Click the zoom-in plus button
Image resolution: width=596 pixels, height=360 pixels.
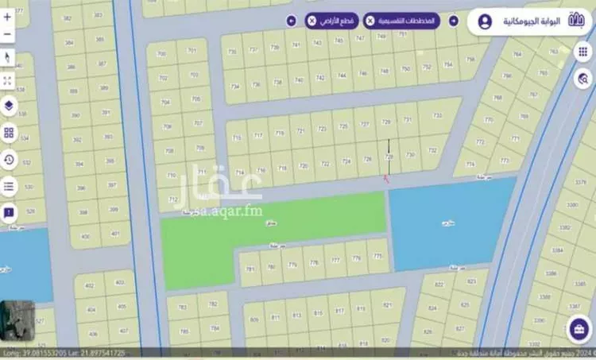coord(8,14)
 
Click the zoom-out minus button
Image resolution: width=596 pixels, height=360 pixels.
coord(8,35)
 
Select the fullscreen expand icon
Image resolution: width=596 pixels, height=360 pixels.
coord(8,81)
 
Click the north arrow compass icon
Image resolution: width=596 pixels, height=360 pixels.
coord(8,57)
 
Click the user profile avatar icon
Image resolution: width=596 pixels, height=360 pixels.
coord(486,21)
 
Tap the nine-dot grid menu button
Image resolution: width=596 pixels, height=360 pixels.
coord(583,52)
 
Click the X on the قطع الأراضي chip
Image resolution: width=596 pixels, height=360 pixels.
coord(311,21)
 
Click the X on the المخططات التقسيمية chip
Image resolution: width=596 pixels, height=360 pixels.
coord(370,21)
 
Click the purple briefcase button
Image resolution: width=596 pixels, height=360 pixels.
coord(578,329)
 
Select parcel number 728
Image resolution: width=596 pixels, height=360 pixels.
coord(389,157)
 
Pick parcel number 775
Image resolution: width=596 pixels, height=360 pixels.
coord(377,257)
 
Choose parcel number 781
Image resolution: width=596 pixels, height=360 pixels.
coord(250,269)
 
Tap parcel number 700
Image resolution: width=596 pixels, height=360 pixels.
coord(162,54)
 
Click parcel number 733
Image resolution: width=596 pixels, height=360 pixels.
coord(436,116)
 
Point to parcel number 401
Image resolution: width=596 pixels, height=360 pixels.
coord(116,234)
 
